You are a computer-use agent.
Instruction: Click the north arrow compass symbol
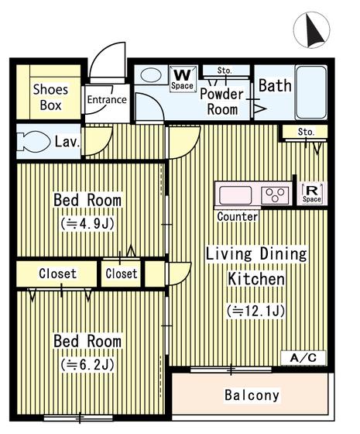[311, 30]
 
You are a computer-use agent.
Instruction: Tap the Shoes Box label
[50, 97]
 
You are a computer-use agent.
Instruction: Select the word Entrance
[107, 99]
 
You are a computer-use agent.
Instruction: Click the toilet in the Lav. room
[33, 142]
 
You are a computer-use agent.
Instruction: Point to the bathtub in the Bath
[311, 92]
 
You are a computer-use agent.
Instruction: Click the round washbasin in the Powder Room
[151, 75]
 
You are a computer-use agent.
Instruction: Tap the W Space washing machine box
[182, 79]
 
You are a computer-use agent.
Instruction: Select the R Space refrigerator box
[311, 193]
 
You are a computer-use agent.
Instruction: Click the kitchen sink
[235, 195]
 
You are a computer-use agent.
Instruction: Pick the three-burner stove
[275, 195]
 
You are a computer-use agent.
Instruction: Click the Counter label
[237, 216]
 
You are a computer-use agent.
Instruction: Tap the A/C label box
[303, 358]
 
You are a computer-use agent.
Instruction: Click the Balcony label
[252, 395]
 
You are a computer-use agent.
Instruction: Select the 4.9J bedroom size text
[87, 224]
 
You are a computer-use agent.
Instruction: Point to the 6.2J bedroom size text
[87, 365]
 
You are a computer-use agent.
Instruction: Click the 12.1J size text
[255, 311]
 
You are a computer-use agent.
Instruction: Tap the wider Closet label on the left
[57, 274]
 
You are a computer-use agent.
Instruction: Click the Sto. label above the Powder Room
[225, 71]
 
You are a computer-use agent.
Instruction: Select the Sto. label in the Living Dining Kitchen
[306, 132]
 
